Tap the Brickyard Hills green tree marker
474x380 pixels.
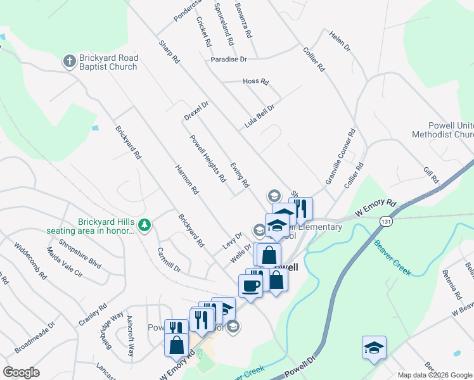point(145,225)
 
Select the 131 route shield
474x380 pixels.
point(385,220)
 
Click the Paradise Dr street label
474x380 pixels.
point(229,59)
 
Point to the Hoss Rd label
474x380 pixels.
point(256,82)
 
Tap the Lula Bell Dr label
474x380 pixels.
point(260,117)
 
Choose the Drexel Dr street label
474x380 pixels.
point(196,110)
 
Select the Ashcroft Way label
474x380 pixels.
point(131,337)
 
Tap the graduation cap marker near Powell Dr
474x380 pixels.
point(374,347)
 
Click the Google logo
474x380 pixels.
point(22,372)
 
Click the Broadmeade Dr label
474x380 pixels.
point(35,336)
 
